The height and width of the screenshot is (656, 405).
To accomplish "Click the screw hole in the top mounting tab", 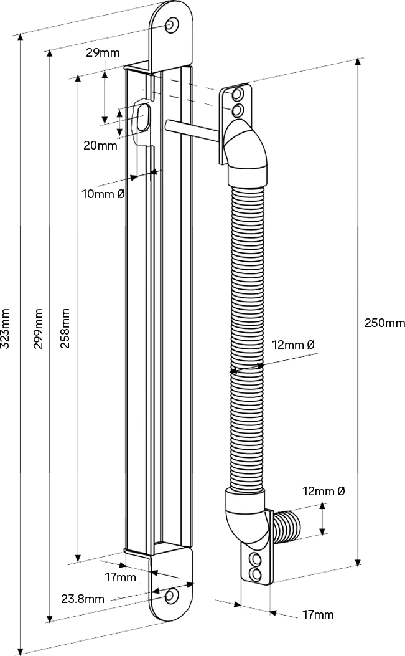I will click(x=170, y=24).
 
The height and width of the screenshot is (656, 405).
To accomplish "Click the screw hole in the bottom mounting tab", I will click(x=170, y=597).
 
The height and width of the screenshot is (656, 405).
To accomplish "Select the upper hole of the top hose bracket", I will click(x=237, y=95).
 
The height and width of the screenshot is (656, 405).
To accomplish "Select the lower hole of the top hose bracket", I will click(x=237, y=111).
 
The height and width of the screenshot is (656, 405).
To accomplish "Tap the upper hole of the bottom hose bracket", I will click(x=254, y=558).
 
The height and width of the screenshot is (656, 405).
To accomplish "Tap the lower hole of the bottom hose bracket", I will click(x=254, y=572).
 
